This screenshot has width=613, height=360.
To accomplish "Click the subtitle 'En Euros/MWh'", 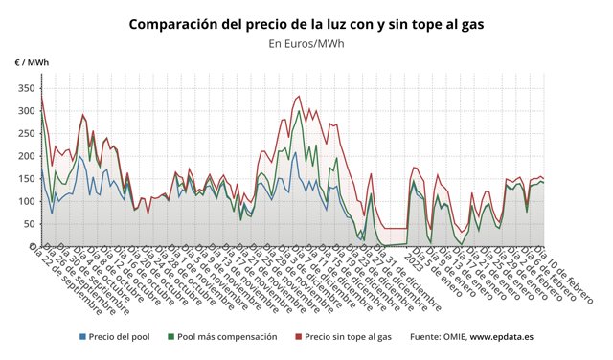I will coord(306,43).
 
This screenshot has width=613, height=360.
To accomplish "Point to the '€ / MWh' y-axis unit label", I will coord(32,62).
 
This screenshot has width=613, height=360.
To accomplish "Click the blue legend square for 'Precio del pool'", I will coord(82,337).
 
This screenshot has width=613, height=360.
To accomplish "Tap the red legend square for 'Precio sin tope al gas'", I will coord(298,337).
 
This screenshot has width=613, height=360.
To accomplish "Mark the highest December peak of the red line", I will coord(298,96).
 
